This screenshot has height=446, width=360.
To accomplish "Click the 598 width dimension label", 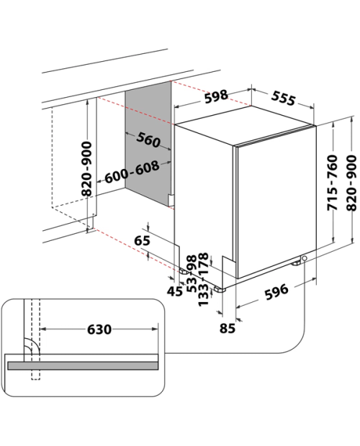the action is coord(216,96).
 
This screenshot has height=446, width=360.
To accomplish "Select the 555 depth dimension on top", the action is coord(283,98).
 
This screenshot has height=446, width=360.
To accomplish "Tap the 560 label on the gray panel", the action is coord(148,140).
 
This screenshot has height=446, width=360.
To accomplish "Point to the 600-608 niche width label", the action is coord(132,172).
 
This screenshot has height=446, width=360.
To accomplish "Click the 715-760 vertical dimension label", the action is coord(332,183).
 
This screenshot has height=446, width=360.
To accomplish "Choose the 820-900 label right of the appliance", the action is coord(351,183).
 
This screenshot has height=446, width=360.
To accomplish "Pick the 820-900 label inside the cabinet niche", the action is coord(87,169).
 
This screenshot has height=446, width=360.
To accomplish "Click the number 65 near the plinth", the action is coord(142,241).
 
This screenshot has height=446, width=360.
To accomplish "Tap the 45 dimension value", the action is coord(175,291).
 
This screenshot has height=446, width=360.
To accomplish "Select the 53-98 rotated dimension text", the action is coord(192,273).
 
